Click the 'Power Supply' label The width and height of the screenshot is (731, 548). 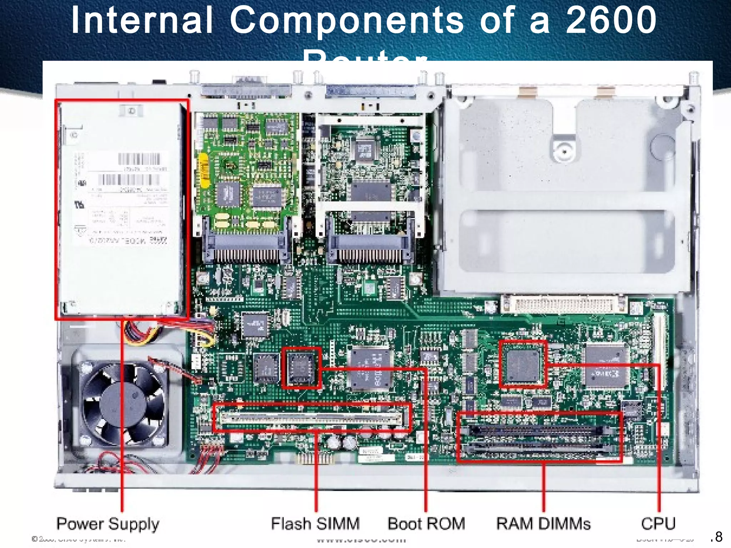(108, 524)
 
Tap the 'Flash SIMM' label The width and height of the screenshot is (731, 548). (315, 524)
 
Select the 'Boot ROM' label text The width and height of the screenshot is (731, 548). (427, 524)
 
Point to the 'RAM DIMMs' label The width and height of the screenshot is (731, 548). (543, 524)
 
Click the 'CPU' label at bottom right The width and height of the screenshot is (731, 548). (658, 524)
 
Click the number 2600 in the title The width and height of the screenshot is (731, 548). (611, 21)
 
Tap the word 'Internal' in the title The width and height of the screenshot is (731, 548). (142, 21)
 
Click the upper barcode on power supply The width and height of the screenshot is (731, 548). (139, 159)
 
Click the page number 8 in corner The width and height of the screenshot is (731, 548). (718, 537)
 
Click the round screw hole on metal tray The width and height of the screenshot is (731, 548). (564, 151)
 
